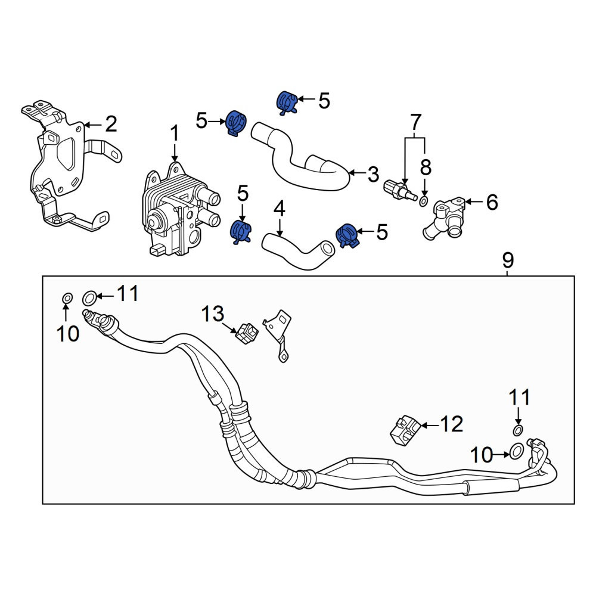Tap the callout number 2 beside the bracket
111,125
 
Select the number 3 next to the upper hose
373,173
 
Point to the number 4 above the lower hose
280,209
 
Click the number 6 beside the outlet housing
492,202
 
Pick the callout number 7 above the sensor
416,122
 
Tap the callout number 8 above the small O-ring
426,167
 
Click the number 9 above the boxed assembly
508,260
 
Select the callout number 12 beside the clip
452,424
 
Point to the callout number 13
213,314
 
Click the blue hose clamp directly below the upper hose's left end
241,231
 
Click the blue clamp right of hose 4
347,235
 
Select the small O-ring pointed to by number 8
424,201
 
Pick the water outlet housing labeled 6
445,219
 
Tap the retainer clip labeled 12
405,430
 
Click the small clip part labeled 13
247,333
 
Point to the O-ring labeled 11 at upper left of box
89,297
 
